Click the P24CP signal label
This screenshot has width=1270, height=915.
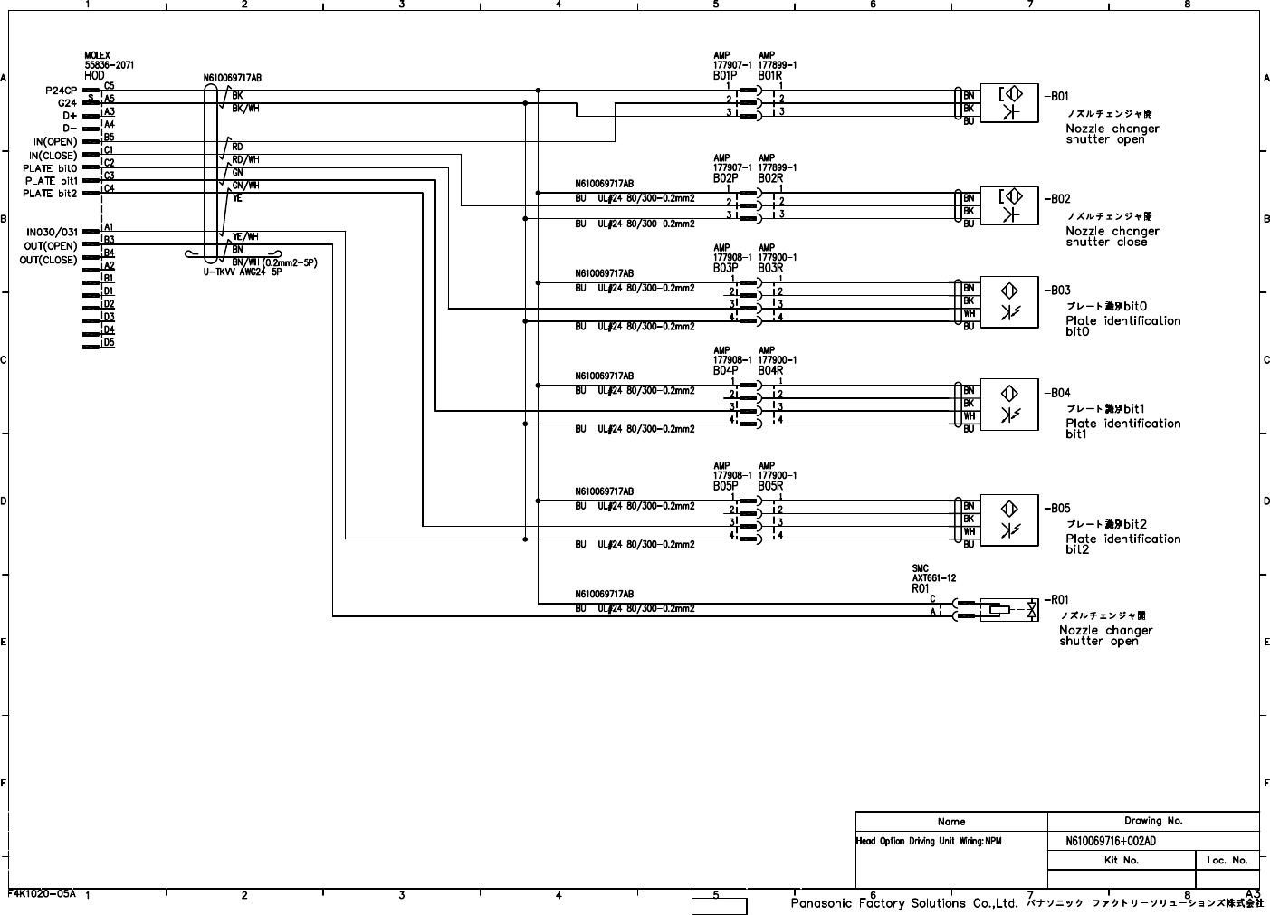[x=62, y=91]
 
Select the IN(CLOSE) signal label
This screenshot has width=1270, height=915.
[x=55, y=155]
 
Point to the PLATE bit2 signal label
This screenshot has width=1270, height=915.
[x=50, y=194]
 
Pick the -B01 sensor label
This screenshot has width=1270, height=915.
[x=1057, y=96]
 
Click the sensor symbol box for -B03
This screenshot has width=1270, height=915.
[x=1009, y=302]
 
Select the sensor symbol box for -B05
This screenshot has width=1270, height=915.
[x=1009, y=520]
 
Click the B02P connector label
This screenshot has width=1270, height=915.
[x=725, y=178]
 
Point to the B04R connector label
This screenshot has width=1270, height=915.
[x=770, y=371]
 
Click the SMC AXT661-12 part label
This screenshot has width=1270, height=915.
[x=933, y=574]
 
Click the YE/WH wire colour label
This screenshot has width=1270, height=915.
[x=245, y=236]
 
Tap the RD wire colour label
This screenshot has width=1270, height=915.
[x=237, y=147]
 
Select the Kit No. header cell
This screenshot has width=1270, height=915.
[x=1122, y=860]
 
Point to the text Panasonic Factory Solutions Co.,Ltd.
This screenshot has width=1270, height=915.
[x=904, y=903]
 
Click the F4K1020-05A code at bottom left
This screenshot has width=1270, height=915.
[x=42, y=893]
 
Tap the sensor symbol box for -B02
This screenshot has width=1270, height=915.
[x=1009, y=206]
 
